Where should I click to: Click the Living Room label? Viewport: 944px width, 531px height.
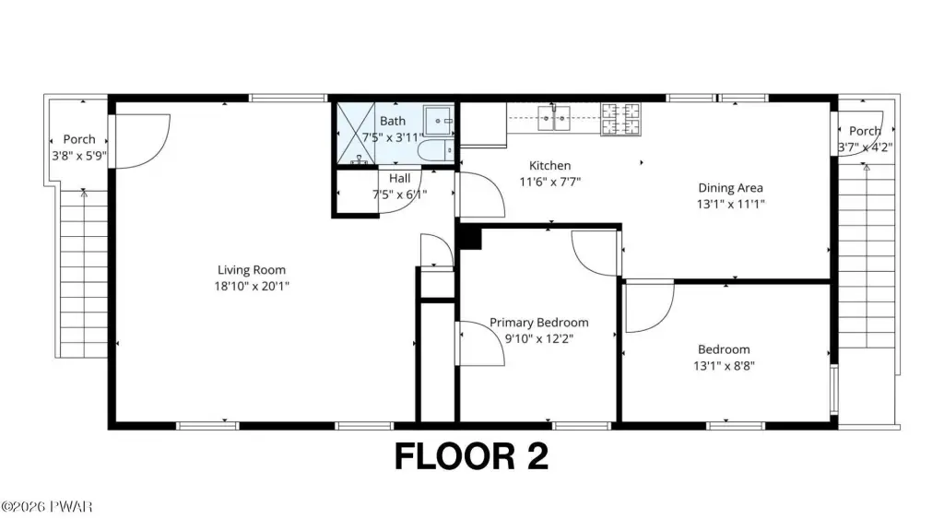click(252, 270)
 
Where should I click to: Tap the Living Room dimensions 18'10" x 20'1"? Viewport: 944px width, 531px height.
click(252, 286)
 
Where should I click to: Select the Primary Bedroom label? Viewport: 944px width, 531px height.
click(538, 323)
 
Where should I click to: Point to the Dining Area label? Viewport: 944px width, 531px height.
click(730, 188)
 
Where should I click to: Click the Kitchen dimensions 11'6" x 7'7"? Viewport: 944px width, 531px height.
click(549, 182)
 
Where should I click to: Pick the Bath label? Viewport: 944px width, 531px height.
click(393, 121)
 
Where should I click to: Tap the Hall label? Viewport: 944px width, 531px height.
click(400, 178)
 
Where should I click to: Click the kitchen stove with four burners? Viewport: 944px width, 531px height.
click(620, 119)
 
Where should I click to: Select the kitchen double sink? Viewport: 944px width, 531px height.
click(554, 118)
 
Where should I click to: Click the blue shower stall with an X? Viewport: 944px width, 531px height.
click(356, 133)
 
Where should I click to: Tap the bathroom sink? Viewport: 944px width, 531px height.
click(438, 121)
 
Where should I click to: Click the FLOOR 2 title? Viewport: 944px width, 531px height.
click(471, 456)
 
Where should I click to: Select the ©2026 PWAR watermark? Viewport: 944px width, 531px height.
click(46, 507)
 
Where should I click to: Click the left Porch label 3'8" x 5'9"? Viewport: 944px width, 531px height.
click(79, 147)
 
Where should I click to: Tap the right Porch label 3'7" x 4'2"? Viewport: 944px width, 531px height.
click(865, 138)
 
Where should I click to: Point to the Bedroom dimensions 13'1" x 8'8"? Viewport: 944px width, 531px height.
click(725, 365)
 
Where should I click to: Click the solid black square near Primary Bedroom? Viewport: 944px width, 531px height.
click(470, 237)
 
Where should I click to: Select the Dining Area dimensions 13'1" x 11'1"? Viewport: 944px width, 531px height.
click(731, 204)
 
